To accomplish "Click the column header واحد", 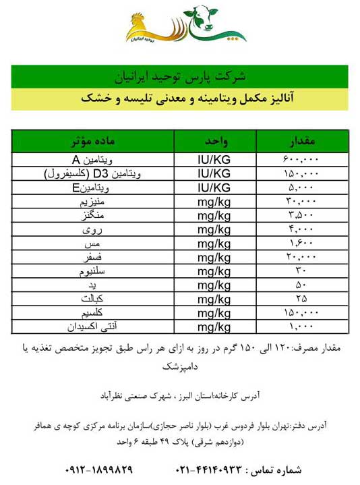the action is (x=214, y=142).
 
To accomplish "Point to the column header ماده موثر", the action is (x=94, y=142).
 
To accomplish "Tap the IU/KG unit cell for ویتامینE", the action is (x=214, y=187).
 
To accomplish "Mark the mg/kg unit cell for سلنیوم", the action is (x=214, y=270).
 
